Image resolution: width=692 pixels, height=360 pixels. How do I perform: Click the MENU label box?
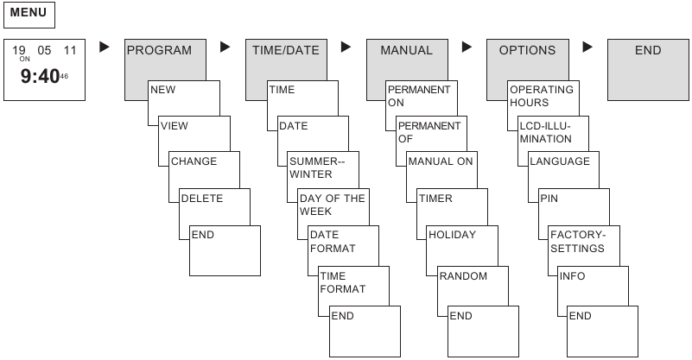(29, 14)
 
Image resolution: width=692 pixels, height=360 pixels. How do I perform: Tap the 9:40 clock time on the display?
(41, 77)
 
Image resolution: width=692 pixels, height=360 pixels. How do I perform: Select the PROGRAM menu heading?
(159, 51)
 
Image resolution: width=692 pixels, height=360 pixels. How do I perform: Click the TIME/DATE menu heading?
(285, 51)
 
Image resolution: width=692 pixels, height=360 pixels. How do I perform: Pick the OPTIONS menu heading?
(527, 51)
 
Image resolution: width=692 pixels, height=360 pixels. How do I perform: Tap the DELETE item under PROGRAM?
(201, 199)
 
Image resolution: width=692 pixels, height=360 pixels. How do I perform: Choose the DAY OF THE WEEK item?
(332, 205)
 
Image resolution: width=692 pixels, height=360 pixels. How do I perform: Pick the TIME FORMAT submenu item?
(343, 282)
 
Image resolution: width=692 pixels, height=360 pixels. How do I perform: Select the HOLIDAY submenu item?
(453, 235)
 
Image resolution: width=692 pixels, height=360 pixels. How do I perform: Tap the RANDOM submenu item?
(463, 276)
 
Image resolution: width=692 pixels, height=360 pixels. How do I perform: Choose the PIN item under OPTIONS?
(549, 199)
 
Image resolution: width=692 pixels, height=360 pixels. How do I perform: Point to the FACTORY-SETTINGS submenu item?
(576, 241)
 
